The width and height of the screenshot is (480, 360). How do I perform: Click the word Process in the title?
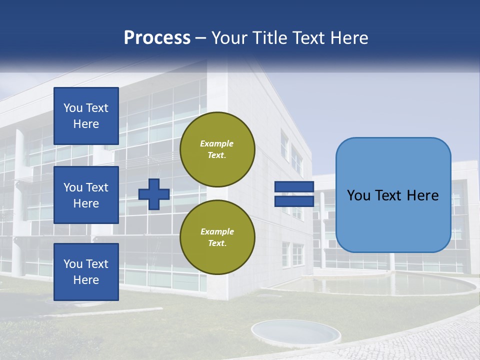coord(157,38)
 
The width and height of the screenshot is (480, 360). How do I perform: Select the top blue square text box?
coord(86,116)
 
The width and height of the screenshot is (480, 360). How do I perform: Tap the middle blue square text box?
coord(86,195)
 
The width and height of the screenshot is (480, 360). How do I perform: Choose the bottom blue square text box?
coord(86,272)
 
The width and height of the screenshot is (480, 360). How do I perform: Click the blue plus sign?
coord(154,194)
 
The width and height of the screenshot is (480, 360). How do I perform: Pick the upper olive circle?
coord(217,149)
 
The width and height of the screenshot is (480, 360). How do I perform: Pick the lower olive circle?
coord(217,237)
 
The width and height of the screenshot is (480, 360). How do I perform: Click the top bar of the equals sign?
coord(294,187)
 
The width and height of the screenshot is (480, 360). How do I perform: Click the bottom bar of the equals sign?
coord(294,201)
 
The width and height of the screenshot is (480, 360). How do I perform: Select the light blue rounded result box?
coord(393,195)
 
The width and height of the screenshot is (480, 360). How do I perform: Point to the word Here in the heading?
coord(348,38)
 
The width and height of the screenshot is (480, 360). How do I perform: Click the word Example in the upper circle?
coord(217,143)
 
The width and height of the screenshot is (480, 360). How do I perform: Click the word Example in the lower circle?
coord(217,231)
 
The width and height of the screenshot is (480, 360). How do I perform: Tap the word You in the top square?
coord(73,108)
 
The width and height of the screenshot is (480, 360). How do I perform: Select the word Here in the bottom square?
coord(86,280)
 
